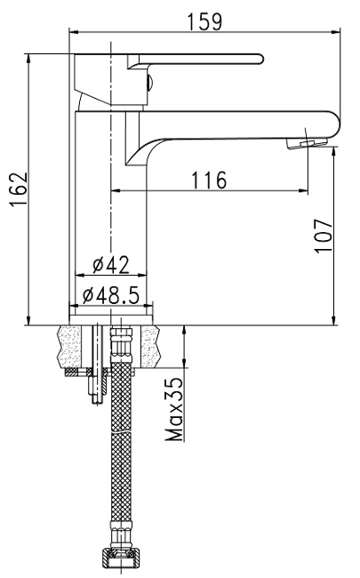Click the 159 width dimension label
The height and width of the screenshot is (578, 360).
(x=205, y=21)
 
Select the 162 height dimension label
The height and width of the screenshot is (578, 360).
(x=20, y=189)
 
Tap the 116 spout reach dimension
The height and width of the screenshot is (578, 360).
(x=209, y=180)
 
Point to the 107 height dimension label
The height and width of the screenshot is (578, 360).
(x=324, y=236)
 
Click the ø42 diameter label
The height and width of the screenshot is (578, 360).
(x=111, y=265)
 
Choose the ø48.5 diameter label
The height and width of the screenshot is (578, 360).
(x=111, y=295)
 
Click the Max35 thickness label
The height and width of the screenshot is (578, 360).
(x=174, y=409)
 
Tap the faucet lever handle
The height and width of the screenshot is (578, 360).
(x=196, y=60)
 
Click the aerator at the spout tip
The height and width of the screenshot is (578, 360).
(x=307, y=144)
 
